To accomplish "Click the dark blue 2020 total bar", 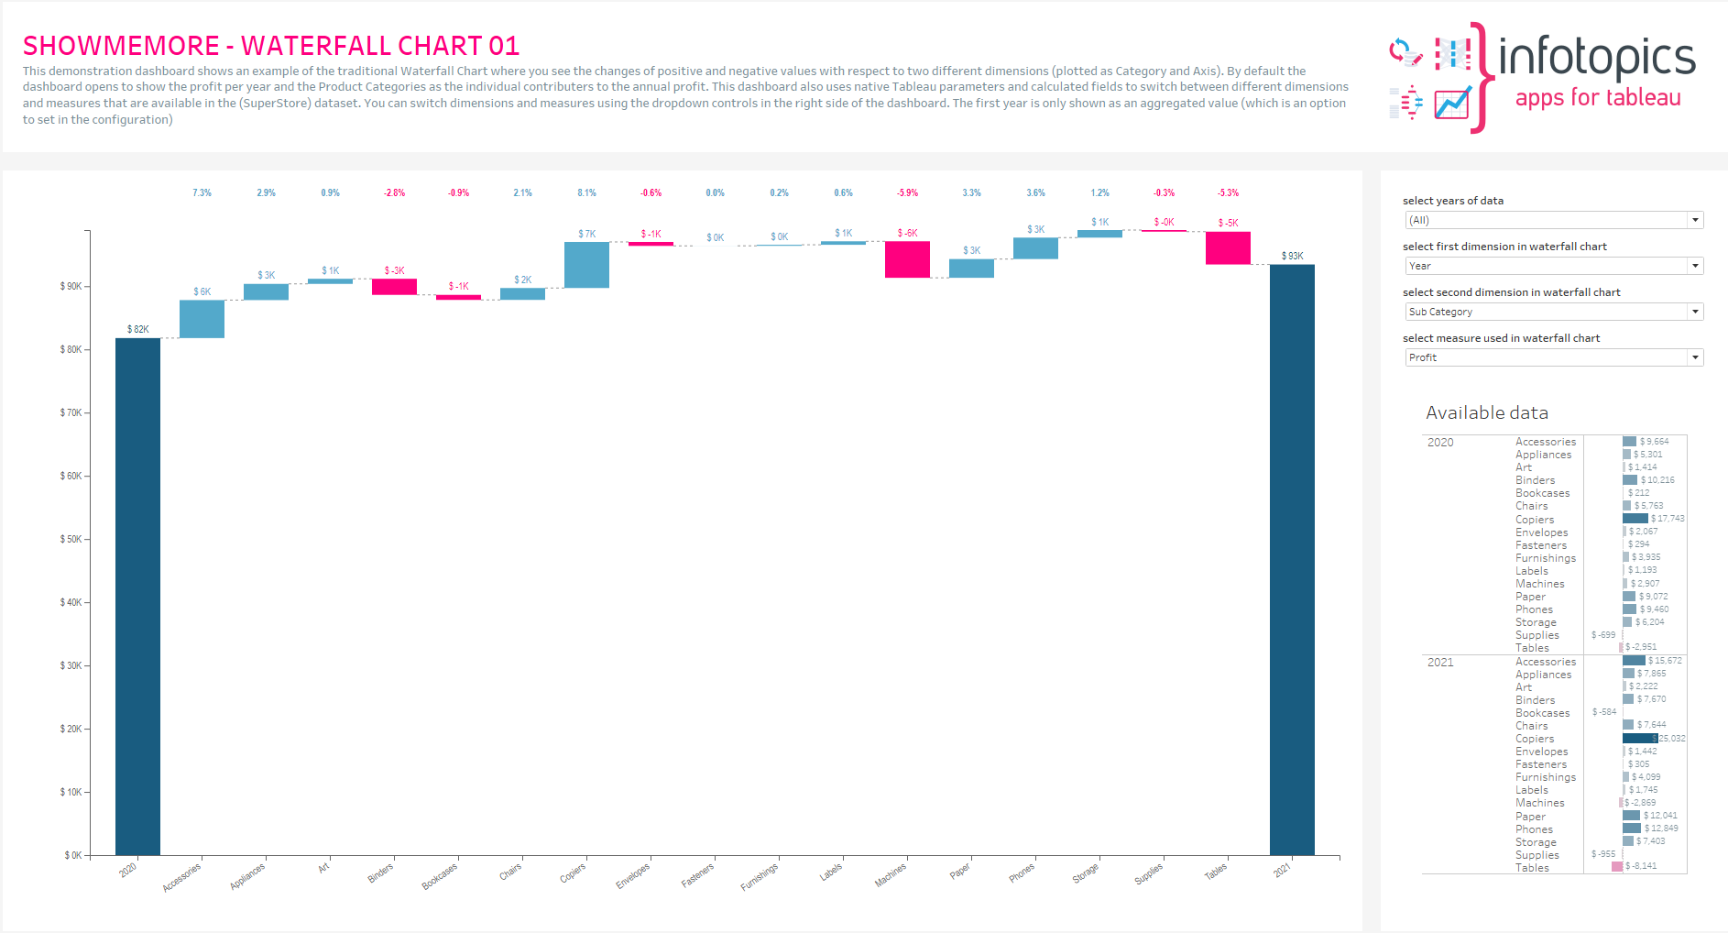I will [137, 596].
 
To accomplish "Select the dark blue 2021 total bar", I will [1292, 559].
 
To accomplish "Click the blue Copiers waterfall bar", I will [586, 265].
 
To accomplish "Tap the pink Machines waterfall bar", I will [907, 259].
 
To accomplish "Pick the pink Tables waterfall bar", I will [1228, 248].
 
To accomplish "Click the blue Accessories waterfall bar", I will [202, 319].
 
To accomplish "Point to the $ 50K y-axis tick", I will [71, 539].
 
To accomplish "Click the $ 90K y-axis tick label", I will [71, 286].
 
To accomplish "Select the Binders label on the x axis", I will [380, 873].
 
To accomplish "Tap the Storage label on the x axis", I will [1085, 873].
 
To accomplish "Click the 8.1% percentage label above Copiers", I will [586, 192].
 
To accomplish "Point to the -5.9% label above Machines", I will [907, 192].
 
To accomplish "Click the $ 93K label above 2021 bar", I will [1292, 256].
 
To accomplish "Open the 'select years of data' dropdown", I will [1554, 220].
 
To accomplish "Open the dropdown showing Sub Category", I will [1554, 312].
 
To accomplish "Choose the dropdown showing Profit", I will [1554, 357].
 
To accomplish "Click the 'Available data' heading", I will [1486, 413].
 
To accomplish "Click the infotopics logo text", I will [1596, 58].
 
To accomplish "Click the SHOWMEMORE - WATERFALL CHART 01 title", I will [271, 46].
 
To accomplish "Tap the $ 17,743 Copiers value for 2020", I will [1668, 519].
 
